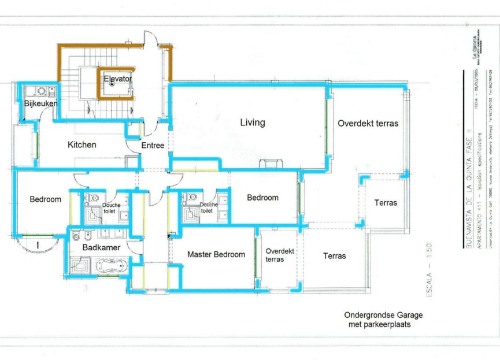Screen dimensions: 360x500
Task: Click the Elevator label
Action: tap(118, 78)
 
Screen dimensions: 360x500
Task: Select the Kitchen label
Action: tap(82, 144)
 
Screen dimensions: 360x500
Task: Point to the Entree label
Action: tap(153, 145)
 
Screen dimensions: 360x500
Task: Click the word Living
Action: tap(253, 123)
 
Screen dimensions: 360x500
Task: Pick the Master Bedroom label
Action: tap(216, 254)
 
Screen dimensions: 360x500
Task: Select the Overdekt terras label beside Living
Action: tap(368, 123)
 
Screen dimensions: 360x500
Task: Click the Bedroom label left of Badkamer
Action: tap(45, 199)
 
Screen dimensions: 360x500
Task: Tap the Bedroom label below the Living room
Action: tap(262, 198)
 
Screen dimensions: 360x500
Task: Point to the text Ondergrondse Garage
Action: tap(383, 316)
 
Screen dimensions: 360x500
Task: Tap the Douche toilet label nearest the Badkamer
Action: tap(112, 208)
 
